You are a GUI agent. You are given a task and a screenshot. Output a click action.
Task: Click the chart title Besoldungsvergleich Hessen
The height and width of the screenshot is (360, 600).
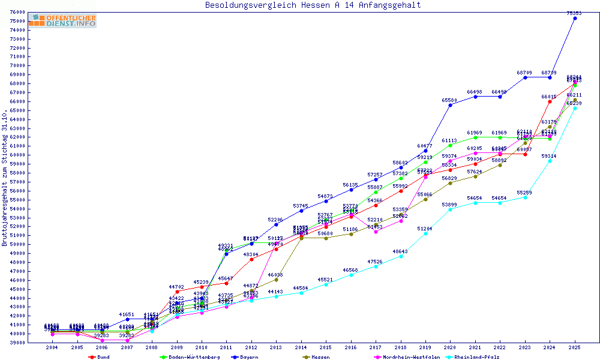click(x=313, y=5)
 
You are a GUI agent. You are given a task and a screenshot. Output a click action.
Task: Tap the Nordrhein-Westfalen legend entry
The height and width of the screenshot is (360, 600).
click(x=405, y=356)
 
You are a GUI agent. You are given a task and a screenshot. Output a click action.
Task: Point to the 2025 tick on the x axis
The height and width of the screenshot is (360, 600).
click(x=575, y=347)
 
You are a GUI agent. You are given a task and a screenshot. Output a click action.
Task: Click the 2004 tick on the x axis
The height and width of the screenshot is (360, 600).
click(x=52, y=347)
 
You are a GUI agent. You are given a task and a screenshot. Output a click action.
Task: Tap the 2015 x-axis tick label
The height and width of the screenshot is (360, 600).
click(x=326, y=347)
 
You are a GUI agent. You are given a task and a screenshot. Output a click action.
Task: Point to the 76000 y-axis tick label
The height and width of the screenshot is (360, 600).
click(x=18, y=12)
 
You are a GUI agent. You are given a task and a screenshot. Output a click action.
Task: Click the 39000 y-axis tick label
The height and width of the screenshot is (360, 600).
click(x=18, y=343)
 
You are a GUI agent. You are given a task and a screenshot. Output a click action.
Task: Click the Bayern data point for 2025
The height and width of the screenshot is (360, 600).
click(x=575, y=18)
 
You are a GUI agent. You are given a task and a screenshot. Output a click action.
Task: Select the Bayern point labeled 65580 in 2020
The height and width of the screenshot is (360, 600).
click(x=450, y=105)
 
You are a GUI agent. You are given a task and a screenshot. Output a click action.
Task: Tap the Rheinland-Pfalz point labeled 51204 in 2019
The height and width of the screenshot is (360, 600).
click(x=425, y=233)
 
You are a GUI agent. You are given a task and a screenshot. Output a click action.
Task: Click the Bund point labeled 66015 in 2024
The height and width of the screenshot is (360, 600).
click(x=550, y=101)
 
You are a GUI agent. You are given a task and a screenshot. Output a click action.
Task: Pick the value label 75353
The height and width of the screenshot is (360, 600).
click(x=575, y=13)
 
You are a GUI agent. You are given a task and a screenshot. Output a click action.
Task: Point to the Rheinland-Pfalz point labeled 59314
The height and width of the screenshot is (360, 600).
click(x=550, y=161)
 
